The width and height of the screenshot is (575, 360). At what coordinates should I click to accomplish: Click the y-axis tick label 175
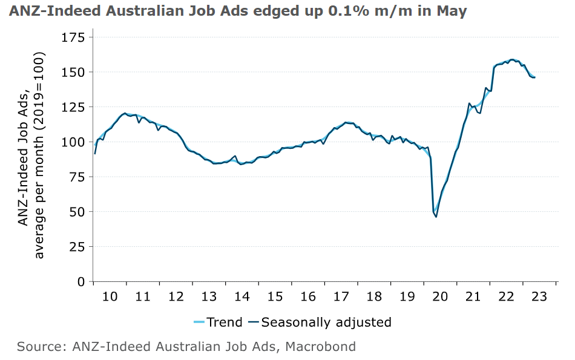point(73,38)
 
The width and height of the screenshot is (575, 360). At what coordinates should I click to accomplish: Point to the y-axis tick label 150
point(73,72)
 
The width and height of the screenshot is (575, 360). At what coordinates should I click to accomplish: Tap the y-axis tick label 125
point(73,107)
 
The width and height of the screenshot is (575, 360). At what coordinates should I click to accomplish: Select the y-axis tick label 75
point(77,177)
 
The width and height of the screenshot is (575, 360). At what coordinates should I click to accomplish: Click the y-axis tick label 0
point(80,281)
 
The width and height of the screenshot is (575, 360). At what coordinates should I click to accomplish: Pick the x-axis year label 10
point(110,296)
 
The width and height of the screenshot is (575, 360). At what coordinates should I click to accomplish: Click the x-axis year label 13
point(209,296)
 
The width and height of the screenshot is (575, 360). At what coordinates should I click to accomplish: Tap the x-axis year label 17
point(341,296)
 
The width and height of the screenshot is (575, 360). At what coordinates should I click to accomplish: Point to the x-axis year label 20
point(440,296)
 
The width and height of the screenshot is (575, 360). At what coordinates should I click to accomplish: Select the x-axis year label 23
point(539,296)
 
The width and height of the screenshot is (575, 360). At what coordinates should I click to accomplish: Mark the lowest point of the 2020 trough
point(436,217)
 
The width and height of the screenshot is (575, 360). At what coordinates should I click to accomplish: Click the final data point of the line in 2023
point(534,77)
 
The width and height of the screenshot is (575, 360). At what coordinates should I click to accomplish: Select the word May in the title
point(453,11)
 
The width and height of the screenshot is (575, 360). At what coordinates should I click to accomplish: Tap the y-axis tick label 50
point(77,212)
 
